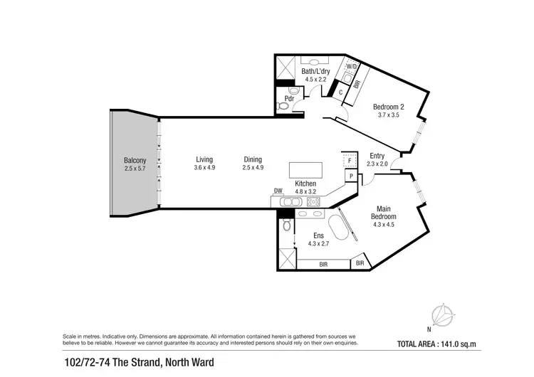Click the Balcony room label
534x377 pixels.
pos(134,160)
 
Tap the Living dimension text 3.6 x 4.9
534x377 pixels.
pos(204,168)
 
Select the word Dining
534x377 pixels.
pos(253,159)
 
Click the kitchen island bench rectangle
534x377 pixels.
pos(305,171)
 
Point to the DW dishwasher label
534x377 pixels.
pos(278,191)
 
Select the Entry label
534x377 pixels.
pos(377,156)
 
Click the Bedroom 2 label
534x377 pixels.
pos(389,107)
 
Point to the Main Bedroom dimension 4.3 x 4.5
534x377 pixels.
pos(383,225)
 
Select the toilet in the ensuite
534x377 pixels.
pos(286,225)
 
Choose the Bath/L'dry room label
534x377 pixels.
pos(313,71)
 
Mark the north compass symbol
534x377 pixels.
pos(443,314)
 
